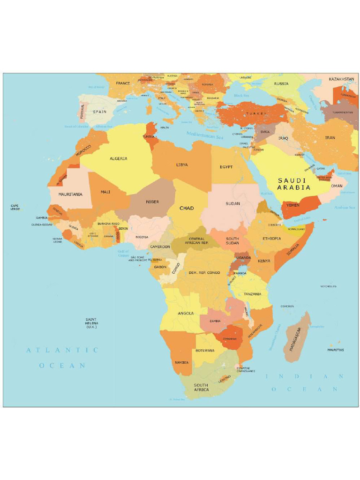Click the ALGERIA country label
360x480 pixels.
[118, 158]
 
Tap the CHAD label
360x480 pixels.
[187, 208]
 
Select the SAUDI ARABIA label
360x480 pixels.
[293, 184]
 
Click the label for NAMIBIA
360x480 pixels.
[181, 362]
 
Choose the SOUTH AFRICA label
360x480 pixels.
[201, 388]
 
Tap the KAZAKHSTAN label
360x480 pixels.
[341, 79]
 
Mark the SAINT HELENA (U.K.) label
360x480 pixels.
[91, 323]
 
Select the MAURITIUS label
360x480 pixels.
[336, 350]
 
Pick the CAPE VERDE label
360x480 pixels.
[15, 207]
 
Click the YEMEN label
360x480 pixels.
[293, 205]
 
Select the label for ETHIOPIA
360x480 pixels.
[272, 239]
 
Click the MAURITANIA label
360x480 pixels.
[70, 194]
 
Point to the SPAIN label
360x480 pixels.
[99, 112]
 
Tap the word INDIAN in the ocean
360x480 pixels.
[305, 376]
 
